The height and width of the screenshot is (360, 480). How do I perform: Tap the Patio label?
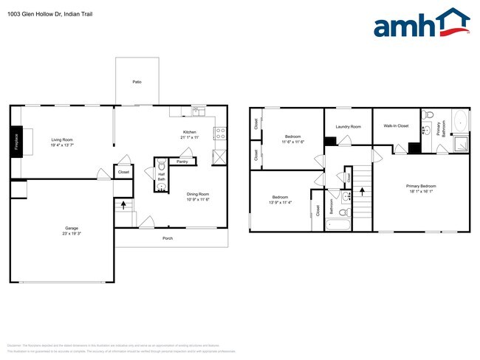click(x=137, y=82)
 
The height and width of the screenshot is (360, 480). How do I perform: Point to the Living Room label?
click(x=62, y=139)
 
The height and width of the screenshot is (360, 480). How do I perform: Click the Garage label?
click(x=72, y=228)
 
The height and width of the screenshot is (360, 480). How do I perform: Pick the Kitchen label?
click(x=190, y=132)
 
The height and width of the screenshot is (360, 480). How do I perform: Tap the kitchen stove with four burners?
click(x=219, y=134)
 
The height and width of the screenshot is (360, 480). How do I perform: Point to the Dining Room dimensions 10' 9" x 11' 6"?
click(x=198, y=200)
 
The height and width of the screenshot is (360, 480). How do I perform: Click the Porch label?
click(x=169, y=238)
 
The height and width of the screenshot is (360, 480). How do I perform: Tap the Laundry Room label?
click(x=348, y=127)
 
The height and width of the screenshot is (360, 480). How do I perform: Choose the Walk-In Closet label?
click(x=396, y=126)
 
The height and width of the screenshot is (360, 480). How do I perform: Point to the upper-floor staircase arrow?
click(x=362, y=190)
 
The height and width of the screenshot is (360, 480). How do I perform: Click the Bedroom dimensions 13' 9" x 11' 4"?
click(x=280, y=201)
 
